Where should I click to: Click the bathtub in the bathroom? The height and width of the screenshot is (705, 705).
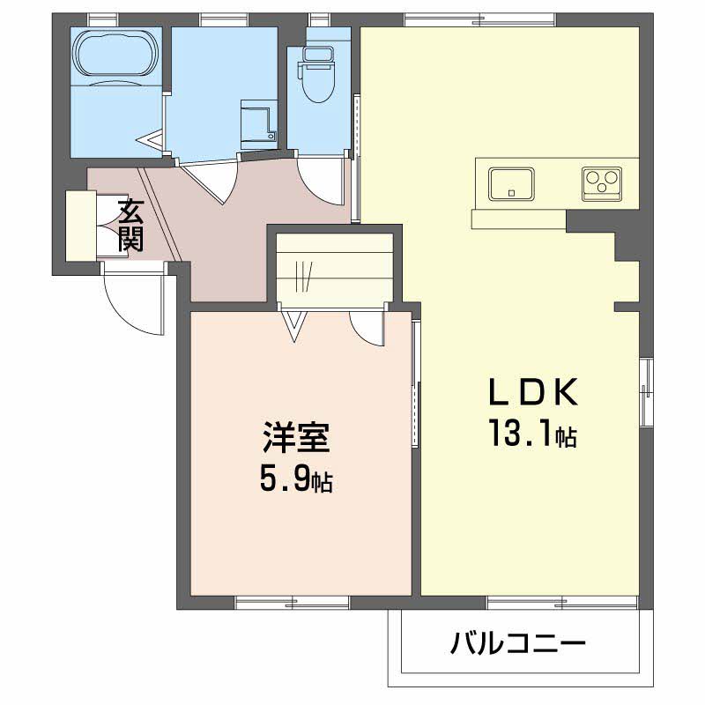[x=117, y=53]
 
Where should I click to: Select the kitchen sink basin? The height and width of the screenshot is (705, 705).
[x=512, y=184]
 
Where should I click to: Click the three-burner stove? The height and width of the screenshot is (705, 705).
[x=602, y=184]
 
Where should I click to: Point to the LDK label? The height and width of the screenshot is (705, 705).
[x=533, y=392]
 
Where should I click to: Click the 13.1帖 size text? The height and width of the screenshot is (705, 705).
[x=533, y=434]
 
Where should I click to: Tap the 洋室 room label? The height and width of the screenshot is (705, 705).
[x=296, y=437]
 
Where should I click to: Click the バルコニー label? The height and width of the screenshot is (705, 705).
[x=518, y=643]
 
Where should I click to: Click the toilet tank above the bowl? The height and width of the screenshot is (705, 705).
[x=318, y=53]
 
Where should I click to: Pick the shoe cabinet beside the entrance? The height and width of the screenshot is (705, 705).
[x=81, y=226]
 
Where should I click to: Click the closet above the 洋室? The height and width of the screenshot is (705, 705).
[x=335, y=270]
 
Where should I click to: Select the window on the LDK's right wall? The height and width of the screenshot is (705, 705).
[x=646, y=391]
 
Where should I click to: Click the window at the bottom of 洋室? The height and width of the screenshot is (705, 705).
[x=293, y=603]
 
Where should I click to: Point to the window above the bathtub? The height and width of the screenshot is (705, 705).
[x=103, y=19]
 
